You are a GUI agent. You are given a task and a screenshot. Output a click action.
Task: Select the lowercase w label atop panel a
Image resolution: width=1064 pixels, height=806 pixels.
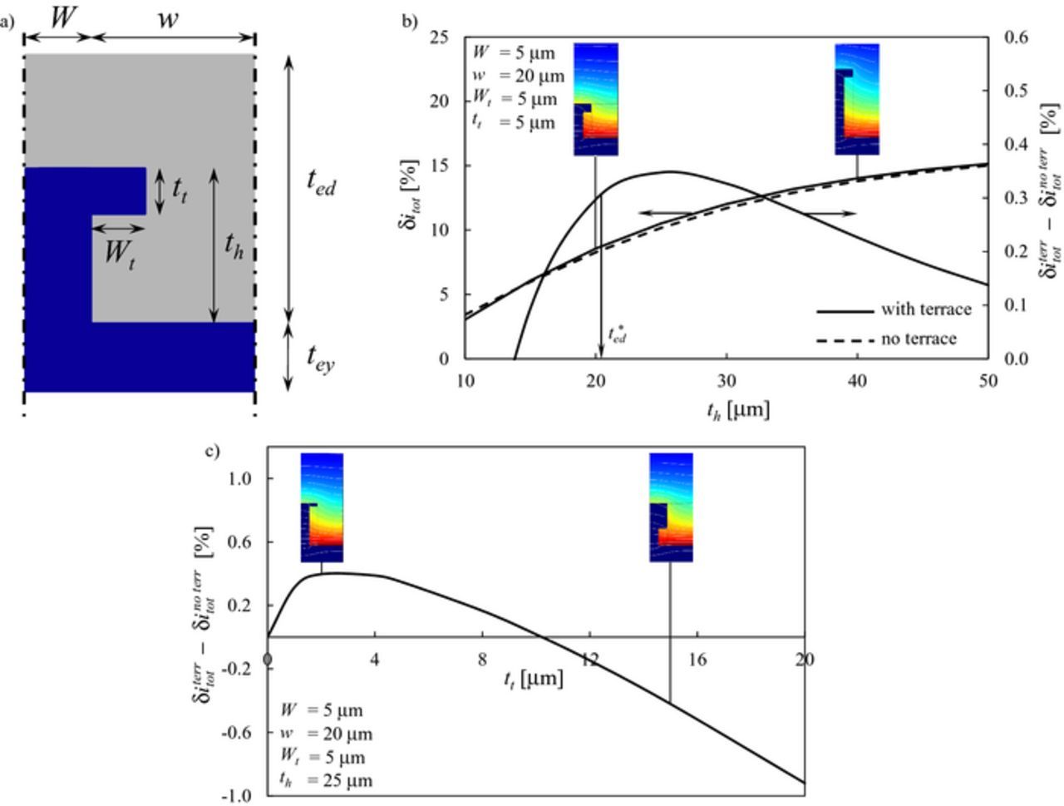point(169,18)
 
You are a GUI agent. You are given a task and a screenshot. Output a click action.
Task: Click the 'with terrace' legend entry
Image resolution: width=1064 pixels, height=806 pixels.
point(925,309)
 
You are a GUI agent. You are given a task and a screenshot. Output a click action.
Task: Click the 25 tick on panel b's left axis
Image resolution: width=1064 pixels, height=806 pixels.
point(439,37)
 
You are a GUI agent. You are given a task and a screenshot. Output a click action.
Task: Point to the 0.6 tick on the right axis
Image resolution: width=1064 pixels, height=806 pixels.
point(1017,37)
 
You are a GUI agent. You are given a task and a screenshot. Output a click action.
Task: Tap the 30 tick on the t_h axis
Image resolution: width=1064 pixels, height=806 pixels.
point(727,380)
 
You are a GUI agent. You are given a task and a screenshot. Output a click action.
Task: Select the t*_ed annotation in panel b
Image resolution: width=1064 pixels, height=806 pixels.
point(617,335)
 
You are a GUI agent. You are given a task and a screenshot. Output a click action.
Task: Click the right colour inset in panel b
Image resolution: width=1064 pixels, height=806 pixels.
point(857,99)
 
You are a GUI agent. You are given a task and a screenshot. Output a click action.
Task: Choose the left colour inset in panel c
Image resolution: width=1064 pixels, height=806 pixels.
point(322,507)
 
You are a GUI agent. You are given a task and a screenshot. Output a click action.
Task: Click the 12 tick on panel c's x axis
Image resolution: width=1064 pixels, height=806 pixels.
point(589,660)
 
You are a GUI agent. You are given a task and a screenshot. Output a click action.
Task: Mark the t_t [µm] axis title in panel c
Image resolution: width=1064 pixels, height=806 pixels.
point(533,680)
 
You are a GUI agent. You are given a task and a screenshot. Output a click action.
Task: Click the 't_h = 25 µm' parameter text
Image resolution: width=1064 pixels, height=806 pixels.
point(326,780)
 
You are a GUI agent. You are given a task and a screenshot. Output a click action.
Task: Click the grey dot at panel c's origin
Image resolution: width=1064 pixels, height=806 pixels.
point(268,660)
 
